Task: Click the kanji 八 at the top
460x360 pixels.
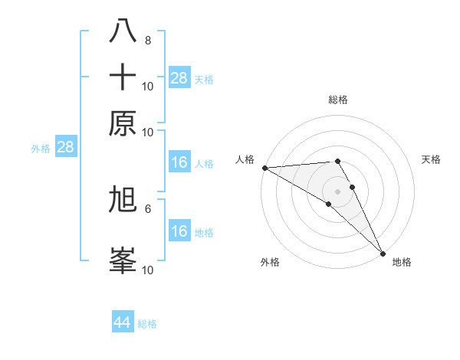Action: [x=123, y=30]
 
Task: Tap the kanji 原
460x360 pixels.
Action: [x=123, y=123]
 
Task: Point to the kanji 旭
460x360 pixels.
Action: [x=123, y=200]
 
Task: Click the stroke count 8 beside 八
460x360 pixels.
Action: [x=148, y=40]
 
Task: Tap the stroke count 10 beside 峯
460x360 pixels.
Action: [x=148, y=270]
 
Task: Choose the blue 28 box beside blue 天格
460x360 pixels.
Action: [x=179, y=78]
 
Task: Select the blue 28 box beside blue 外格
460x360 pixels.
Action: [x=65, y=148]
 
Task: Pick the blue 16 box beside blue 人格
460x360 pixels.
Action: [x=179, y=162]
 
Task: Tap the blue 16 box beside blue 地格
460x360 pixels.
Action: [x=179, y=231]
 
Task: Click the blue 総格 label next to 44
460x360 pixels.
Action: [x=147, y=324]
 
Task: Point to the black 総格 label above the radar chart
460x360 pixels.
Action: [x=338, y=100]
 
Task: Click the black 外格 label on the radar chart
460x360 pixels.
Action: [x=270, y=263]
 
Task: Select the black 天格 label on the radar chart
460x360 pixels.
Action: [x=432, y=159]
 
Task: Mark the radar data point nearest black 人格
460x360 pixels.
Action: [x=264, y=168]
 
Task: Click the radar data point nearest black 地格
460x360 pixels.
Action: [x=383, y=253]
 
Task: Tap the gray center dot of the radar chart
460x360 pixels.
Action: [x=338, y=191]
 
